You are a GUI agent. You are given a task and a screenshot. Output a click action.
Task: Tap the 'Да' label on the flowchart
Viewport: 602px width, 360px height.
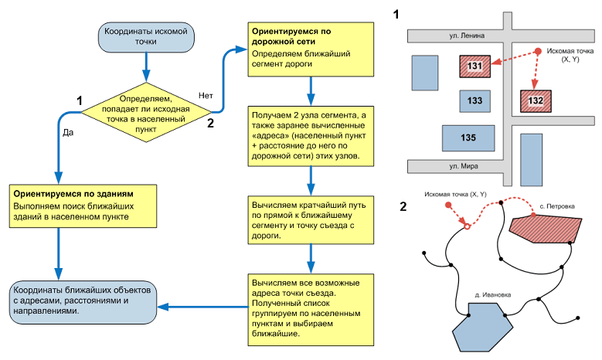[x=67, y=132]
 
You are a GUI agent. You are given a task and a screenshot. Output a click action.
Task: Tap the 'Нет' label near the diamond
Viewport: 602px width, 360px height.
[x=206, y=95]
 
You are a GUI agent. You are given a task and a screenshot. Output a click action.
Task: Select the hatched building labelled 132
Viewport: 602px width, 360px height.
[x=536, y=101]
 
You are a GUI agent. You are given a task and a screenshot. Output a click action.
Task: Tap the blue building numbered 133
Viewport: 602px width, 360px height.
[x=474, y=101]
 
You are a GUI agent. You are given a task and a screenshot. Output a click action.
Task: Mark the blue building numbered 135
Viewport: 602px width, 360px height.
[x=468, y=138]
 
